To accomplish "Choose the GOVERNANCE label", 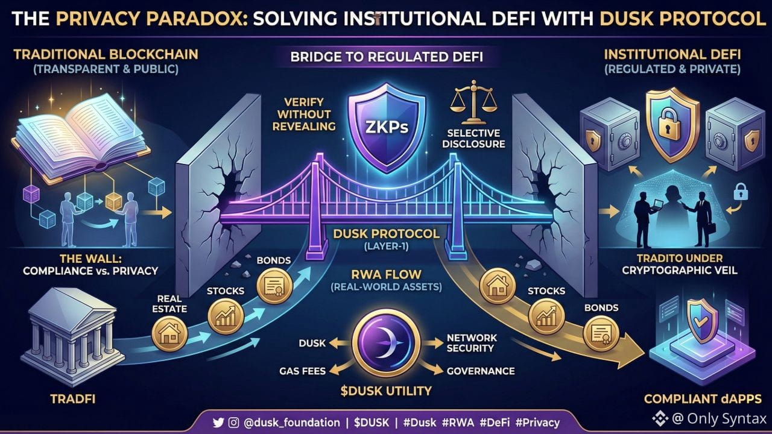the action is pos(480,371).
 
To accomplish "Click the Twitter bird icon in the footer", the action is pos(219,423).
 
